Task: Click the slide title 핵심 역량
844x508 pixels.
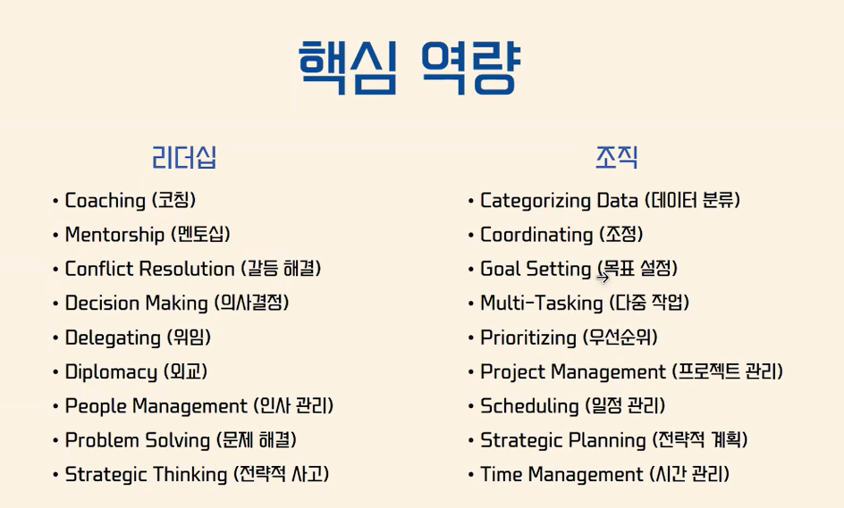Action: click(409, 68)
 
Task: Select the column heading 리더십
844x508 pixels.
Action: click(184, 157)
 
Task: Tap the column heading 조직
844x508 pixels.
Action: click(616, 157)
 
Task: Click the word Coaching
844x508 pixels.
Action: click(105, 201)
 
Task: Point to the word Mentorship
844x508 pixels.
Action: click(114, 235)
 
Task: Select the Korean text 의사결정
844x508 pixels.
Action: click(251, 303)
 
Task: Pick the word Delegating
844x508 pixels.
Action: click(113, 338)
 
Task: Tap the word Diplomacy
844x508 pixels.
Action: click(112, 372)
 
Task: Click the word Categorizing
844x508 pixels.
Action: click(536, 201)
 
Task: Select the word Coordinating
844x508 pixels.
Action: click(536, 235)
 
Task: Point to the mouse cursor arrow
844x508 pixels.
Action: click(603, 278)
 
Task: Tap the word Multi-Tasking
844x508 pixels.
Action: click(542, 304)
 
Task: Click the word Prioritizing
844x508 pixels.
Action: click(528, 338)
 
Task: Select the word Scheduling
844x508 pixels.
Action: click(529, 406)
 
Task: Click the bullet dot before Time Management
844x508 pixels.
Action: click(471, 475)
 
